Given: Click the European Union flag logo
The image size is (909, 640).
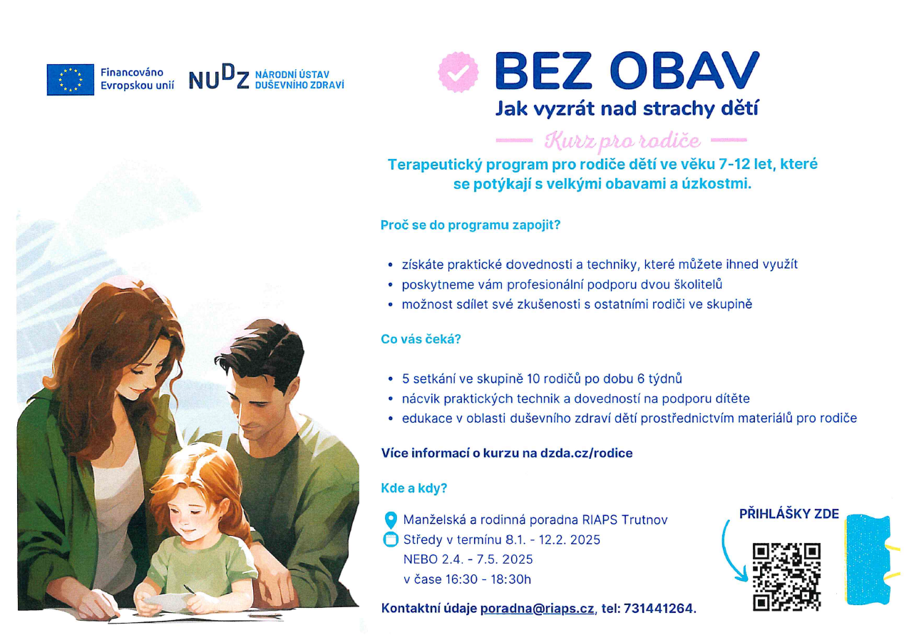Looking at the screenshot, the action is (70, 80).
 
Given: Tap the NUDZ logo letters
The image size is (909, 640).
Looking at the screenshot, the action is (219, 77).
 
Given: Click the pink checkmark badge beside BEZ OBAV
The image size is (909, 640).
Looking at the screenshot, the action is (458, 72).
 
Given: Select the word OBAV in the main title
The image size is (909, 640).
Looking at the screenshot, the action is (684, 71).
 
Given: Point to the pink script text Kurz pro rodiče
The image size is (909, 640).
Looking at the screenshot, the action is (622, 140).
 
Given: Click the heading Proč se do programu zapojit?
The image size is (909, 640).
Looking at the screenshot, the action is (471, 225).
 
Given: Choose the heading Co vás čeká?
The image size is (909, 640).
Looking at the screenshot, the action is (421, 339).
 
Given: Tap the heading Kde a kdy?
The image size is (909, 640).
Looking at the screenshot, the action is (414, 488).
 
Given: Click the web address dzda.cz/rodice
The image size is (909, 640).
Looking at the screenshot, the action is (586, 453).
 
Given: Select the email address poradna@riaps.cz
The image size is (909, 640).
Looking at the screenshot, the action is (537, 609).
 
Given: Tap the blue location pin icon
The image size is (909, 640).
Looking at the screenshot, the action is (391, 520).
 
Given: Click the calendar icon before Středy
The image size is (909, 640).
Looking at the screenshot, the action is (391, 540).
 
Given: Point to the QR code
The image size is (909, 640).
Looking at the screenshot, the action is (786, 577).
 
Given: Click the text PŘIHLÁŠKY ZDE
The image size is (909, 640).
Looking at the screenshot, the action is (789, 515).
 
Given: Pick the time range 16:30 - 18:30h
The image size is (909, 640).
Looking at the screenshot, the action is (488, 579).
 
